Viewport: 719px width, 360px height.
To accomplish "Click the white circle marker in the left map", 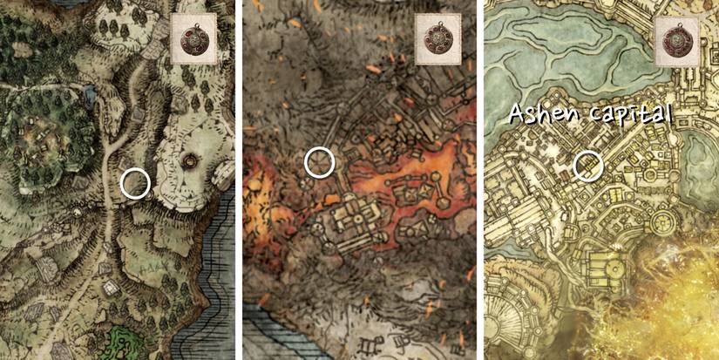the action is pyautogui.click(x=135, y=183).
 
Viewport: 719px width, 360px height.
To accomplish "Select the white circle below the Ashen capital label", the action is pyautogui.click(x=589, y=164).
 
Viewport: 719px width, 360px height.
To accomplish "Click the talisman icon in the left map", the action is pyautogui.click(x=192, y=39).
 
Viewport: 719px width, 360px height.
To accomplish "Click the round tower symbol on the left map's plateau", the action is pyautogui.click(x=190, y=161).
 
